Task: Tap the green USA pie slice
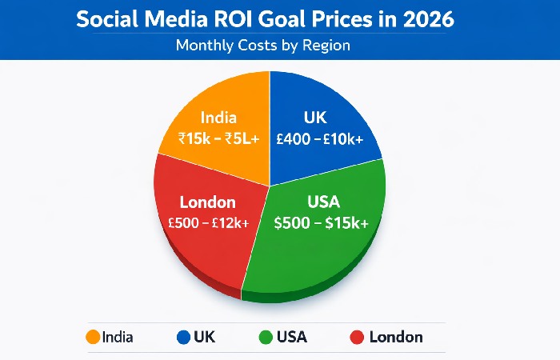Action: (320, 240)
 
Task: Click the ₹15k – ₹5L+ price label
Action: (218, 138)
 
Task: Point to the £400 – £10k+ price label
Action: (319, 138)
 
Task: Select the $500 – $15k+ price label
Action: (321, 223)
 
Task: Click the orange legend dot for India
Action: (92, 337)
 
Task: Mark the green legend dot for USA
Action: (265, 337)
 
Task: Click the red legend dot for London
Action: (358, 337)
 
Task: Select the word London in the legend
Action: (396, 337)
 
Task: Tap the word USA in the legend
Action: (292, 337)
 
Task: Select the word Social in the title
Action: (108, 19)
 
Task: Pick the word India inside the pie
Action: (218, 117)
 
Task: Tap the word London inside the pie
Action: (207, 202)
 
